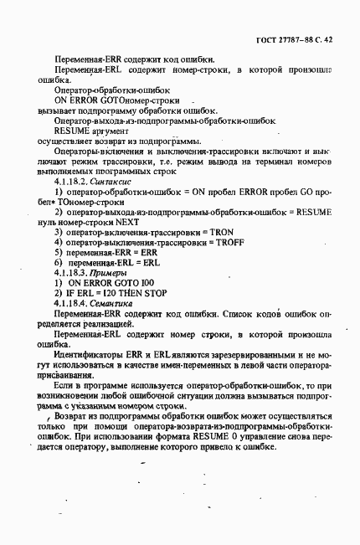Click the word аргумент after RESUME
[105, 131]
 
